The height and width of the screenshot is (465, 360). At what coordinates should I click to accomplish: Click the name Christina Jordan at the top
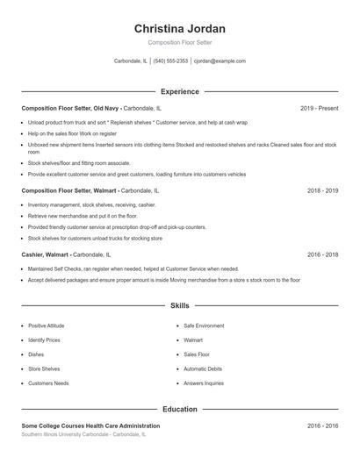click(x=179, y=28)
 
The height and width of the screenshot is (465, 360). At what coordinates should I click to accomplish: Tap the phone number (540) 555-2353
click(x=170, y=61)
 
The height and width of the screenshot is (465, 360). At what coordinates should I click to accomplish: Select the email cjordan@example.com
click(x=220, y=61)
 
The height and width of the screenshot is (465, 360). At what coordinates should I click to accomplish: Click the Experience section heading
click(x=179, y=91)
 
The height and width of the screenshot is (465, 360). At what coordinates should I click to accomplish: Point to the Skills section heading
click(x=179, y=306)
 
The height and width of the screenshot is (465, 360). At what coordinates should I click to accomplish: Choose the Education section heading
click(x=179, y=409)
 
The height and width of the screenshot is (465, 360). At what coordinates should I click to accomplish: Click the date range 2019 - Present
click(x=319, y=108)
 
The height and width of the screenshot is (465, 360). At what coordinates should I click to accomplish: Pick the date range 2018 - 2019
click(x=322, y=190)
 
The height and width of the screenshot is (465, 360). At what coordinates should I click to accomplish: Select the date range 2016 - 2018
click(x=322, y=254)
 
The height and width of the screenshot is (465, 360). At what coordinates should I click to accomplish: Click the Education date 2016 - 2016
click(x=322, y=426)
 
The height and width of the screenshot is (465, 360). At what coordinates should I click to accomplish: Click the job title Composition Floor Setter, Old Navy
click(x=70, y=108)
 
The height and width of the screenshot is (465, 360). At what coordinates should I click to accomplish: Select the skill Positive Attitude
click(x=46, y=325)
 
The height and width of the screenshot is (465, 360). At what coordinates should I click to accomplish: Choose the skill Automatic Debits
click(x=203, y=368)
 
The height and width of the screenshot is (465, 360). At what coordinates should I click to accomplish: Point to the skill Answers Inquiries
click(x=204, y=383)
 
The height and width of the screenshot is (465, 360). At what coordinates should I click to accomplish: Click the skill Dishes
click(x=36, y=354)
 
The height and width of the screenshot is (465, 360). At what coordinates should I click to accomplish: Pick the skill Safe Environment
click(x=204, y=325)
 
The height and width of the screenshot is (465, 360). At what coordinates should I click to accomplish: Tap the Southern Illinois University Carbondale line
click(x=83, y=434)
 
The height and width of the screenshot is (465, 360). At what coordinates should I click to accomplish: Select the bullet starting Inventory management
click(x=91, y=204)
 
